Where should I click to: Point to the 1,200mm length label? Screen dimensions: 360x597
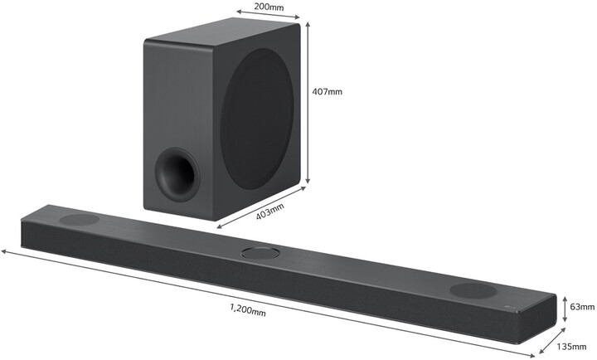coord(248,311)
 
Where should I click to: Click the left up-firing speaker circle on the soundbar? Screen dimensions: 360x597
coord(78,221)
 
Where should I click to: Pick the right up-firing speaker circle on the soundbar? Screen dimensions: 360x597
coord(471,290)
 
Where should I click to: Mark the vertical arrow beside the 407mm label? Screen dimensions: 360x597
coord(308,104)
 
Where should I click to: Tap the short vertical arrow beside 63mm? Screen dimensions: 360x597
coord(565,305)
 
